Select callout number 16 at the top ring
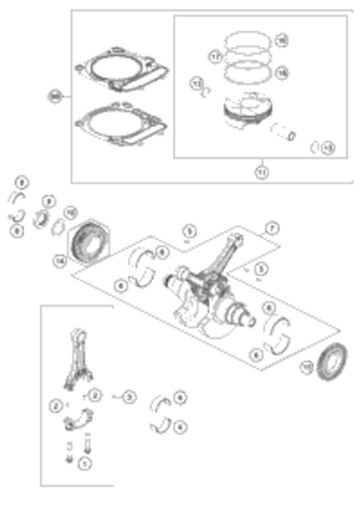[x=282, y=41]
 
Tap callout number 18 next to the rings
[x=282, y=73]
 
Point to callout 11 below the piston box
[x=262, y=172]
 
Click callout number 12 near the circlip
[x=196, y=84]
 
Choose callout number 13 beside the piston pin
[x=328, y=148]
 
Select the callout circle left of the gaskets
[x=55, y=97]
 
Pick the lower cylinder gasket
[x=120, y=124]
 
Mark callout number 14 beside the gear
[x=60, y=261]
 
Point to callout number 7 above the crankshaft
[x=272, y=228]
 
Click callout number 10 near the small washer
[x=71, y=212]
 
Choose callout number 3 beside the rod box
[x=129, y=397]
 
